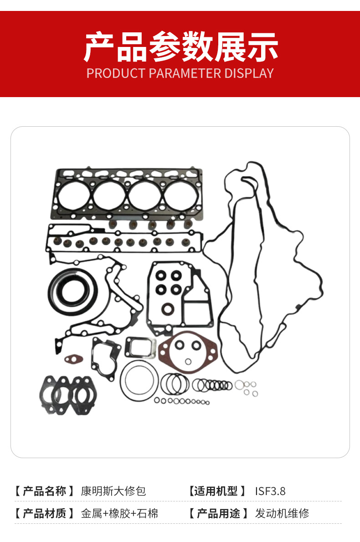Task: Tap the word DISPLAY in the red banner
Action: (249, 73)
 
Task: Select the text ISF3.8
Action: (270, 491)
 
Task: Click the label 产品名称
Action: (45, 491)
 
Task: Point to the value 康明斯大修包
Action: (113, 491)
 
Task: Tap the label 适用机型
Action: (216, 491)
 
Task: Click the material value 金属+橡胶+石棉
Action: (119, 514)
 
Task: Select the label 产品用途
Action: (218, 514)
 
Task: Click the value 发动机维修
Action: (282, 514)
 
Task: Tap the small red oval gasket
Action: (73, 359)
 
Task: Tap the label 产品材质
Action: (45, 514)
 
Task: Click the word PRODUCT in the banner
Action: (116, 73)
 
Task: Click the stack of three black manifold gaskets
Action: (68, 395)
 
